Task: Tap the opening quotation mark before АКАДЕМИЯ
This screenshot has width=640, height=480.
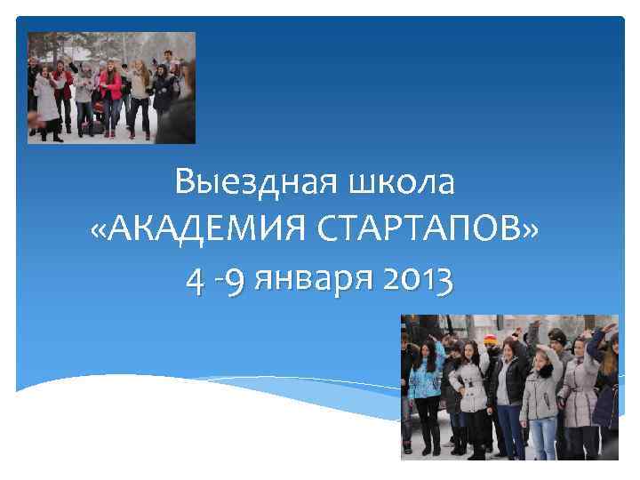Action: (100, 233)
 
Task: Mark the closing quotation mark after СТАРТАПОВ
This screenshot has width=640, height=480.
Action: (531, 233)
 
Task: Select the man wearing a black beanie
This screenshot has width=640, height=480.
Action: (556, 356)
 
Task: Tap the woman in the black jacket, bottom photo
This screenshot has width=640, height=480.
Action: (508, 391)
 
